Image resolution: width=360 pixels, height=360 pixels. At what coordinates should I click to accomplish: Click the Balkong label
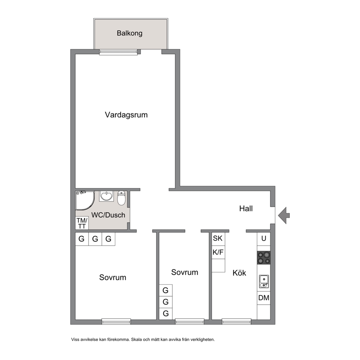click(130, 33)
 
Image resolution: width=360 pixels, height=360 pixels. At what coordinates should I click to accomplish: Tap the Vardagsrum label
click(126, 115)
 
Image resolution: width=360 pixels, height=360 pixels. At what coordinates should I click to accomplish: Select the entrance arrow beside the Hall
click(284, 215)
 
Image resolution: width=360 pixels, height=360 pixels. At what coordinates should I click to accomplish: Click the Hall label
click(246, 208)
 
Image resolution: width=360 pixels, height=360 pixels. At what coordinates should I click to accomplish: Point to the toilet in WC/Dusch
click(121, 198)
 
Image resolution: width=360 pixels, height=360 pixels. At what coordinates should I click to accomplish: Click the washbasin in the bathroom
click(106, 196)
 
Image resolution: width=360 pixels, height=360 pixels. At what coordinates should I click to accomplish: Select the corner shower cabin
click(85, 200)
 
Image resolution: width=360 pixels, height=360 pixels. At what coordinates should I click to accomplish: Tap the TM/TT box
click(82, 223)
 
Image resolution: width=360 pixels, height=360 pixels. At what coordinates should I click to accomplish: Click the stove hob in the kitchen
click(263, 258)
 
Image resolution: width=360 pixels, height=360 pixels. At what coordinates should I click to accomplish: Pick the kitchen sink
click(264, 281)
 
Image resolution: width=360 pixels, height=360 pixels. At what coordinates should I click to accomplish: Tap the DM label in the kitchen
click(263, 298)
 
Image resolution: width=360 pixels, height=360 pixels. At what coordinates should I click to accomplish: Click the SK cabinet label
click(218, 238)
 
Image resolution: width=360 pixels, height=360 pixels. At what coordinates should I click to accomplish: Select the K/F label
click(218, 252)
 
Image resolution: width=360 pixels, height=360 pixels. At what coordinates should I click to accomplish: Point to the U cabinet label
click(263, 238)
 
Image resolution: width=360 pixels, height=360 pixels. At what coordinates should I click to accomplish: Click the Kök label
click(239, 273)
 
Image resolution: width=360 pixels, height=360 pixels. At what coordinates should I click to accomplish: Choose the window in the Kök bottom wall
click(237, 322)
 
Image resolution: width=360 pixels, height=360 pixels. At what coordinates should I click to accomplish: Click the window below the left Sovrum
click(116, 322)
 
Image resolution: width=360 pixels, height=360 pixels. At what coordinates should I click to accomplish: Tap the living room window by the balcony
click(118, 52)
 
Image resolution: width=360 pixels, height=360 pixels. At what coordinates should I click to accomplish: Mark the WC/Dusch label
click(108, 215)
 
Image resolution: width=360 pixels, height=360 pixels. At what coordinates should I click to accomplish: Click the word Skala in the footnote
click(136, 340)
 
